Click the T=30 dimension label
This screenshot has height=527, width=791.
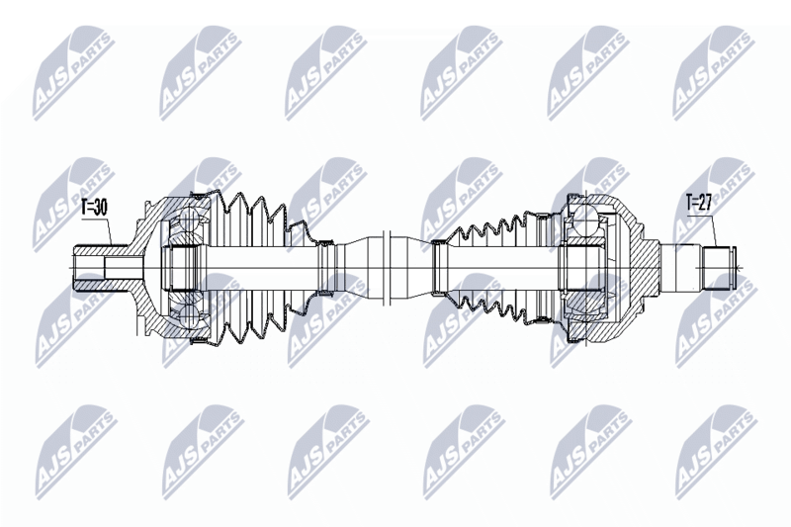(x=94, y=208)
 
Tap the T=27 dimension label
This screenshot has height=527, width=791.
(x=699, y=203)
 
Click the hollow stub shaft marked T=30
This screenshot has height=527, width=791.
(x=102, y=268)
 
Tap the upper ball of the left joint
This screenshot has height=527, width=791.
(x=188, y=220)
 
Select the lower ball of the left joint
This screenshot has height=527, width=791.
(x=188, y=315)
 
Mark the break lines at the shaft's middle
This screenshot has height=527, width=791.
(x=388, y=268)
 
